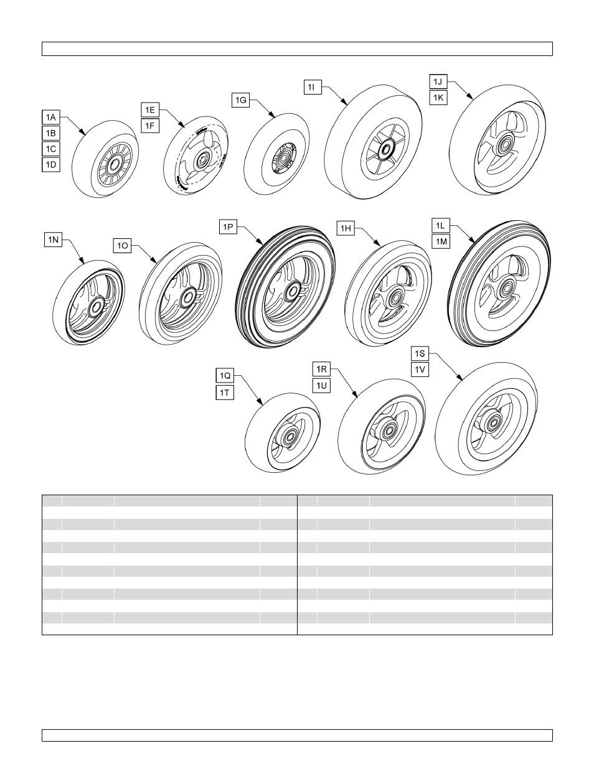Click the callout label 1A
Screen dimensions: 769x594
tap(51, 116)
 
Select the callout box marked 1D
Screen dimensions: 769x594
tap(51, 165)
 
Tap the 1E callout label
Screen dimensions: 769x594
tap(150, 110)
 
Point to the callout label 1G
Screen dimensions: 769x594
tap(241, 100)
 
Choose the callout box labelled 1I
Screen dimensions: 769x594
tap(313, 87)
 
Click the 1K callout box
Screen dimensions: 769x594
tap(439, 98)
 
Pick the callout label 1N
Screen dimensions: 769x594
tap(53, 239)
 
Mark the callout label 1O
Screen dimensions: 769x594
tap(123, 246)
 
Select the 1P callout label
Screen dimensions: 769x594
tap(229, 227)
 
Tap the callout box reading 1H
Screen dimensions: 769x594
tap(346, 228)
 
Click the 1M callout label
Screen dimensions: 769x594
tap(440, 241)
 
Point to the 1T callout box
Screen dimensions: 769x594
tap(225, 392)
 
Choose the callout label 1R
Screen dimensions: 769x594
tap(321, 370)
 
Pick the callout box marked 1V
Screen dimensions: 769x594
tap(420, 370)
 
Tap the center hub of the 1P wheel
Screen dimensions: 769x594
tap(290, 292)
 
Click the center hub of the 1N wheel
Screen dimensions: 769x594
tap(96, 307)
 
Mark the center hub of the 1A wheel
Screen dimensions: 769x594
tap(114, 165)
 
